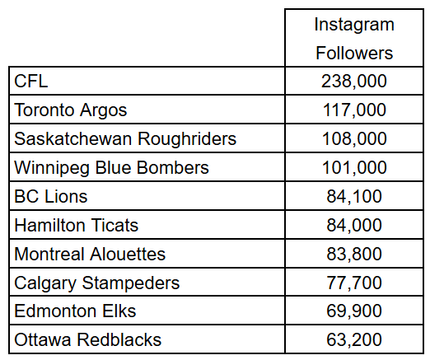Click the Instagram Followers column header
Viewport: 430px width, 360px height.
(x=353, y=39)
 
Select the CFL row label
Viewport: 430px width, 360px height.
(x=31, y=81)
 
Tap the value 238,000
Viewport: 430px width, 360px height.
(x=353, y=81)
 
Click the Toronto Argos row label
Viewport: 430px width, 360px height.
(x=71, y=110)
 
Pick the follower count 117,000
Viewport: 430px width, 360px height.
(x=353, y=110)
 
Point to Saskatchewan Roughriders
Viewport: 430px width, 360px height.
(x=125, y=138)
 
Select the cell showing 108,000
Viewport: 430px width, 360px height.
(x=353, y=138)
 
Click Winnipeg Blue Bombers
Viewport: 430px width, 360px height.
(x=112, y=167)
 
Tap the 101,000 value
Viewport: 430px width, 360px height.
(x=353, y=167)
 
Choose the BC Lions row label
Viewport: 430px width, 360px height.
(x=51, y=196)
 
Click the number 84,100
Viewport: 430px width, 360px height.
(x=353, y=196)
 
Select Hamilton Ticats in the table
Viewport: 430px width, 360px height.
(x=77, y=225)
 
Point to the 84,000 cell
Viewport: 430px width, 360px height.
(x=353, y=225)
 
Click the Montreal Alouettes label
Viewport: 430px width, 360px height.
(x=91, y=254)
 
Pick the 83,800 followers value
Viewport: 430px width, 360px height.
(x=353, y=254)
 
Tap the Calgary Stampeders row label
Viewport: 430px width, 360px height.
(x=97, y=283)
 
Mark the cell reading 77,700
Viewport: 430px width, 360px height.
(x=353, y=283)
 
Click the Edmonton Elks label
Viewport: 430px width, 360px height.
(x=76, y=311)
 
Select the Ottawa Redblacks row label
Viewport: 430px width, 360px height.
(x=88, y=339)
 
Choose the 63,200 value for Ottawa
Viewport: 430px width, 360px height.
(x=353, y=339)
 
